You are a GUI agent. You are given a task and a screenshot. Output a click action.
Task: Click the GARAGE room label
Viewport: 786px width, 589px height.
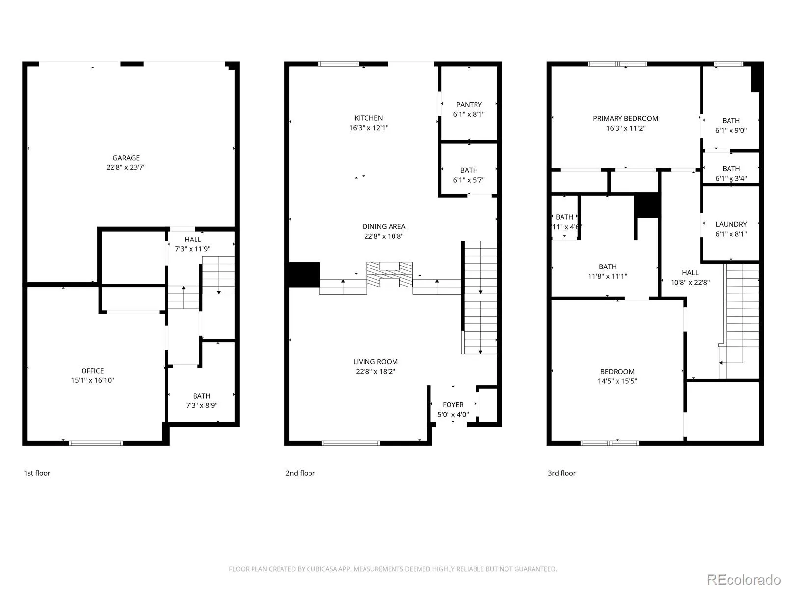tap(126, 158)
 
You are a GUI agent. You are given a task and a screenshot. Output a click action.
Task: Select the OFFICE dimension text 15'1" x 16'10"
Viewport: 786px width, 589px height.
tap(92, 380)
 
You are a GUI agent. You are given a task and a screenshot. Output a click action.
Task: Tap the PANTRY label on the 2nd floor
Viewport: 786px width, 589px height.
tap(469, 105)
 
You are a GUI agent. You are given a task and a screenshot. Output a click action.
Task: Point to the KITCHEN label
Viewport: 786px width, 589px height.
tap(368, 118)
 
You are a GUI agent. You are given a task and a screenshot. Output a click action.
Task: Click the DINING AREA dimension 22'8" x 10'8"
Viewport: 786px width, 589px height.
tap(384, 236)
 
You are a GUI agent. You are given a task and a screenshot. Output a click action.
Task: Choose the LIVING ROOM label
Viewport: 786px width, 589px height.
tap(375, 362)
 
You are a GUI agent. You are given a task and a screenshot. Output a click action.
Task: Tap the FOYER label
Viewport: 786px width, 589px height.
tap(453, 405)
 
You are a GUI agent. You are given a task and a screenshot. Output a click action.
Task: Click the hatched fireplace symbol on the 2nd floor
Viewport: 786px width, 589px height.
tap(390, 274)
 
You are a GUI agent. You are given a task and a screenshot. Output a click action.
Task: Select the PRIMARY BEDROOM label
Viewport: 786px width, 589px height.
tap(625, 118)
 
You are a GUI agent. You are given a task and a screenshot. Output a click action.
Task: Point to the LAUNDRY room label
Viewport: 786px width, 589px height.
tap(731, 224)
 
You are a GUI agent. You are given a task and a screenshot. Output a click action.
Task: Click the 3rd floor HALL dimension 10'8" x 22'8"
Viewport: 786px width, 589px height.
tap(690, 283)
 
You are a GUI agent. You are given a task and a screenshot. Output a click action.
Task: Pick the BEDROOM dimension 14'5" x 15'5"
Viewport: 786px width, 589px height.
tap(618, 381)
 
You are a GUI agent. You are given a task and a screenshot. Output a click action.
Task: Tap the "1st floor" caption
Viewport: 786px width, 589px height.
tap(37, 473)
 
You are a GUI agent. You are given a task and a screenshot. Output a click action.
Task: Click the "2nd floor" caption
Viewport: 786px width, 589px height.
tap(300, 473)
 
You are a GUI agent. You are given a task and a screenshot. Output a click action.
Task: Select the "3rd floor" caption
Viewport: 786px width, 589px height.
tap(561, 473)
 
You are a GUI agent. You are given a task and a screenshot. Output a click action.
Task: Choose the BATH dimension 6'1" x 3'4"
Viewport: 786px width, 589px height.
tap(731, 179)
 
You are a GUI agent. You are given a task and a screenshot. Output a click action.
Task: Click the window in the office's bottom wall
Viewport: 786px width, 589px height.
tap(96, 443)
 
